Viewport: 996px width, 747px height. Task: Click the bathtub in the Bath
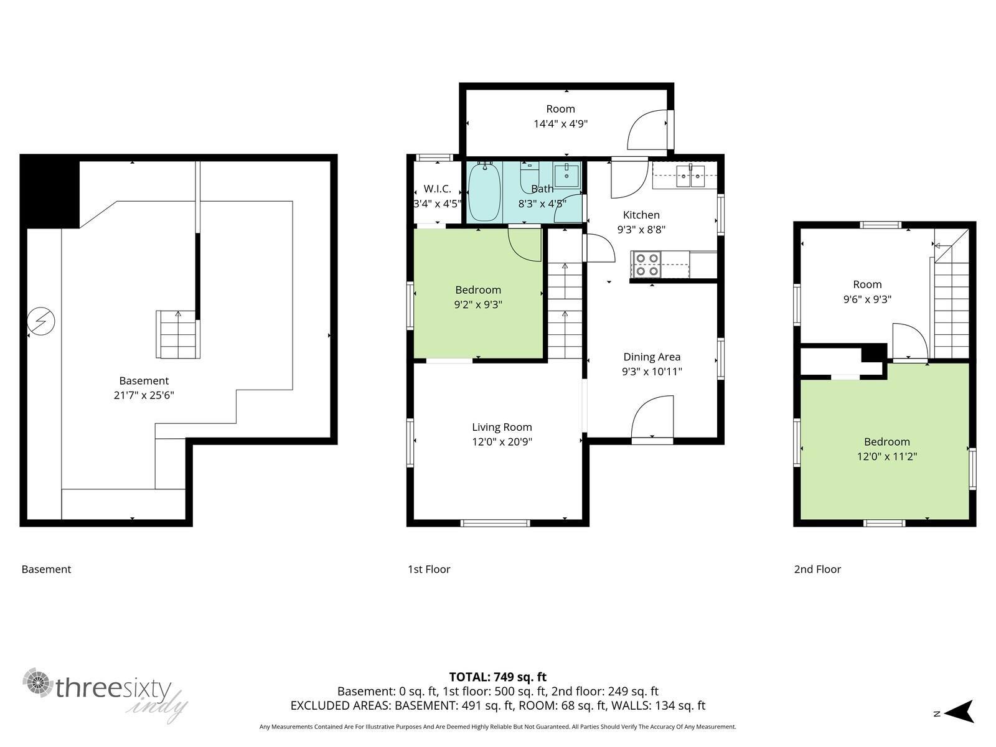pos(484,192)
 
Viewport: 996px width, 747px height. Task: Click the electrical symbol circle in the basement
pos(42,322)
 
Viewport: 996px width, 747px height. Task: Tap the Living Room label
pos(502,427)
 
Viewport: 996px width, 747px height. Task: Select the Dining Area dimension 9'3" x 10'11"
pos(652,372)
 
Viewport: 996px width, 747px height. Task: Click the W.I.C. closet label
pos(437,189)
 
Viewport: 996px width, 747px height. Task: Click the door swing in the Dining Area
pos(652,417)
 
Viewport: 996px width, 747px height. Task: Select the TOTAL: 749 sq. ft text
pos(497,677)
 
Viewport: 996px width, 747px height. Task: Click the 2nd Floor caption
pos(817,569)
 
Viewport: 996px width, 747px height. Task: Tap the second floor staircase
pos(951,305)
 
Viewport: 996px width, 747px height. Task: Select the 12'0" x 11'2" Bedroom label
pos(886,449)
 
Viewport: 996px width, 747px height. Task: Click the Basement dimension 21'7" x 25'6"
pos(144,395)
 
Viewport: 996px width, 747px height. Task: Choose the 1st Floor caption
pos(428,569)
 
